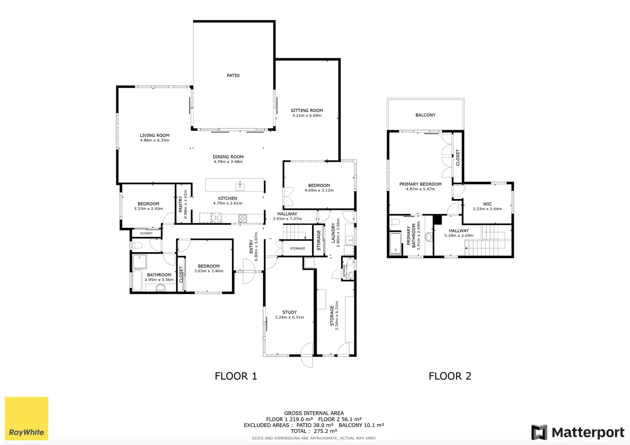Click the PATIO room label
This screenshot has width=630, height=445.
point(233,75)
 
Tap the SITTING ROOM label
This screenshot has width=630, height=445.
point(307,110)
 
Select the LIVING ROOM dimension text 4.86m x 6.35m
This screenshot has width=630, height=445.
point(154,141)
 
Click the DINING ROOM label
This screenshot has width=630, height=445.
point(228,157)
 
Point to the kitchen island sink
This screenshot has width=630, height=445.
point(240,187)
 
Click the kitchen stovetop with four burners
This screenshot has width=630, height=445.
point(243,218)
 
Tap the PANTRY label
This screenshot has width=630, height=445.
point(181,204)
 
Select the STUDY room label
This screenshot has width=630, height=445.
point(289,312)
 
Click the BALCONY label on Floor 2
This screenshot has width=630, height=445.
point(425,115)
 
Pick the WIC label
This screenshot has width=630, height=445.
point(488,204)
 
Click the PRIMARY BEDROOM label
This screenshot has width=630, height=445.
point(420,184)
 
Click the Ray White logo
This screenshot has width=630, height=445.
point(26,419)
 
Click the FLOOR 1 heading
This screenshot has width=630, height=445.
point(236,376)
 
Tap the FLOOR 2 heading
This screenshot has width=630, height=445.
point(450,376)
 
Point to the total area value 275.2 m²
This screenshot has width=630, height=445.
point(325,431)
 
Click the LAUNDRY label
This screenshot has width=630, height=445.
point(333,232)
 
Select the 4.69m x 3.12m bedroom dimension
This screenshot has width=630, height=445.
point(319,190)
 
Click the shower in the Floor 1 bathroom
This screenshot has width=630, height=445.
point(140,261)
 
